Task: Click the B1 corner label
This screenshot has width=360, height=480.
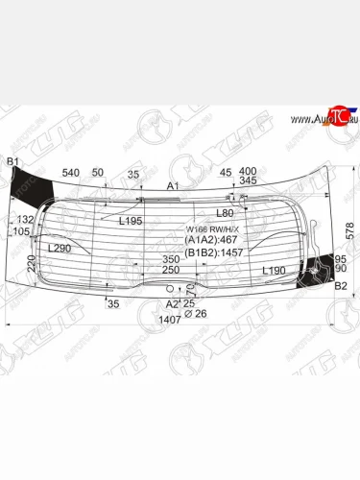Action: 12,160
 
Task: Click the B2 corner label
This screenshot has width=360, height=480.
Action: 340,286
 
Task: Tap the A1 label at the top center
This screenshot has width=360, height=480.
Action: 174,185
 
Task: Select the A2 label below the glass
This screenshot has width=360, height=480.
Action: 172,304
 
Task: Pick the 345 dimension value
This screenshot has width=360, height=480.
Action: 248,181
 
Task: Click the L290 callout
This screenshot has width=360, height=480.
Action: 60,248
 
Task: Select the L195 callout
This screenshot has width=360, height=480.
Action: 131,221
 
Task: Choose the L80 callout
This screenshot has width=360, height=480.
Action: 226,212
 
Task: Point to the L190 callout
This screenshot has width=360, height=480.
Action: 276,272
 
